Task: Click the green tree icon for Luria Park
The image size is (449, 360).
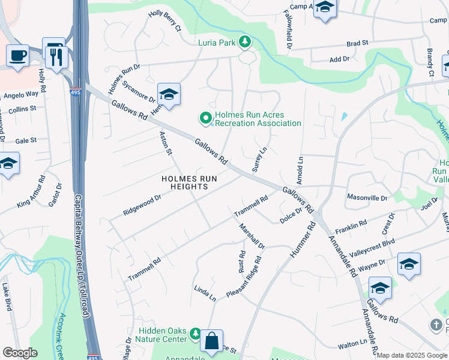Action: point(244,42)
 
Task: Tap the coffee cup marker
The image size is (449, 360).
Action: point(17,55)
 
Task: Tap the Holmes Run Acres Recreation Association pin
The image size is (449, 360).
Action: point(205,119)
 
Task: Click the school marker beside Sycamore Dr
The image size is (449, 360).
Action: point(169,94)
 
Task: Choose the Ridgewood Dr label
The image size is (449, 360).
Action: point(142,205)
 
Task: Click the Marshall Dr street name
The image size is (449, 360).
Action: point(252,236)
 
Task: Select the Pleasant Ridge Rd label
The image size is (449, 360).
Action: point(244,278)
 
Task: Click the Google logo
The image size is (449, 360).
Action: point(20,352)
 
